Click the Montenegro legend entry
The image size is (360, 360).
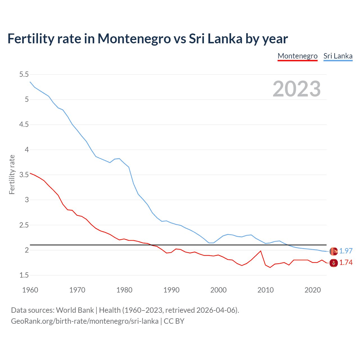(297, 56)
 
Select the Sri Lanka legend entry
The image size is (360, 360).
(338, 56)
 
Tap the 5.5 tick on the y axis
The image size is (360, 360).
(24, 74)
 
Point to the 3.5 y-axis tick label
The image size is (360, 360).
(24, 175)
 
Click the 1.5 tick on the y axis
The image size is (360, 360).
(24, 275)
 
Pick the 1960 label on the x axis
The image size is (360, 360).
(30, 290)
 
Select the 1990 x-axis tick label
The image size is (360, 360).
(171, 290)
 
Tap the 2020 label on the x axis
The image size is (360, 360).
(312, 290)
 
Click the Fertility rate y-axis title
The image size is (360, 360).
(12, 174)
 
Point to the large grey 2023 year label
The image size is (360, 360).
(296, 89)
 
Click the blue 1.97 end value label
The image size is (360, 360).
(346, 251)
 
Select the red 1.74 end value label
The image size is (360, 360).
(346, 262)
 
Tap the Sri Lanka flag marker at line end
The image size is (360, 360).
(334, 251)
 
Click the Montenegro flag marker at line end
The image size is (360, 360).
(334, 263)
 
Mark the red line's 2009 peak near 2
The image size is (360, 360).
(261, 251)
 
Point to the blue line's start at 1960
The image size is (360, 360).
(30, 82)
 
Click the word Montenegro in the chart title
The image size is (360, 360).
(134, 39)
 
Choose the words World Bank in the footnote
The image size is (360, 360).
(75, 310)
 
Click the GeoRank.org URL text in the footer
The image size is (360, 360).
(84, 321)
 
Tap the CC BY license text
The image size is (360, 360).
(174, 321)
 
